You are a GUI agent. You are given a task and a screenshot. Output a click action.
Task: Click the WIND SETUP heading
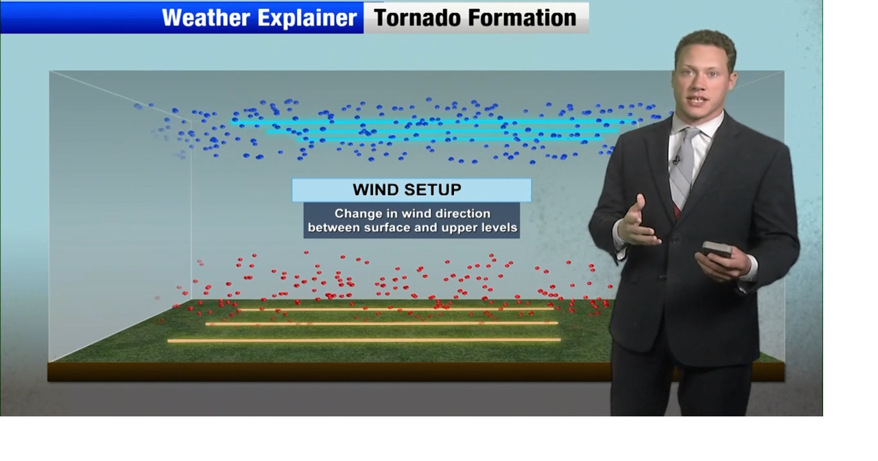[x=407, y=190]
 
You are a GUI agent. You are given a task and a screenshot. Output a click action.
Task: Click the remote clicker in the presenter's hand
[x=715, y=250]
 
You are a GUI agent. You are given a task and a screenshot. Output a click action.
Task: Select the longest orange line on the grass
[x=364, y=340]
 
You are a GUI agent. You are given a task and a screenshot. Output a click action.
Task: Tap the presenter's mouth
[x=697, y=100]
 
